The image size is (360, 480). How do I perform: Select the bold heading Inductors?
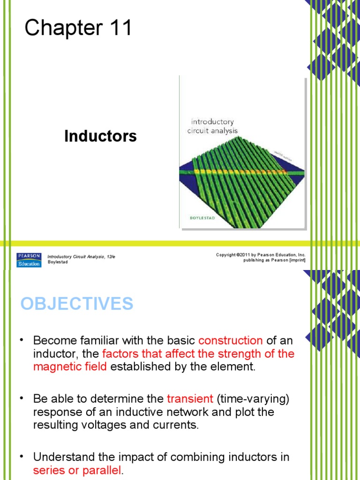tap(100, 136)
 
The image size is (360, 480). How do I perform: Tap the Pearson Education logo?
tap(29, 260)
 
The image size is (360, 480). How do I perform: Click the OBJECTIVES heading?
tap(77, 304)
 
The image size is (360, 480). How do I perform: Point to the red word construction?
tap(231, 340)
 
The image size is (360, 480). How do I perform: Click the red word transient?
tap(190, 399)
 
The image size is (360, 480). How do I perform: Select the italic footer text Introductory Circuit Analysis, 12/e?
tap(81, 256)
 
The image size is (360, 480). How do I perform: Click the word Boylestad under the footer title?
tap(58, 262)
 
